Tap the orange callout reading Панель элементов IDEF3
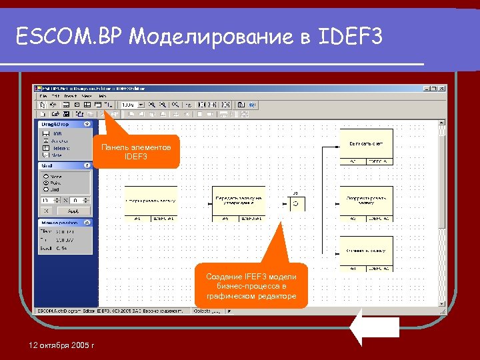point(136,152)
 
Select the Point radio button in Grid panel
point(45,181)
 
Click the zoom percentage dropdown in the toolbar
point(131,105)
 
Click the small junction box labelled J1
point(295,203)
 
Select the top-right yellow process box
point(366,146)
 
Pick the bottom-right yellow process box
point(366,253)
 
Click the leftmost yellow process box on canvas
point(151,201)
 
